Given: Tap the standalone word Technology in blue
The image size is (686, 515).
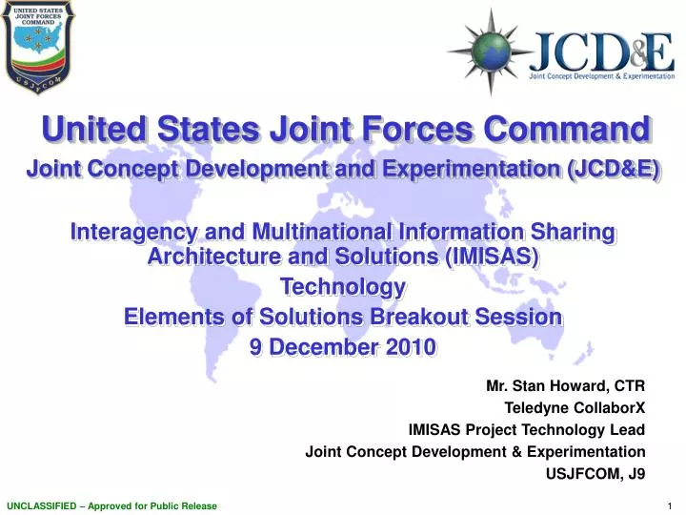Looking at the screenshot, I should (343, 287).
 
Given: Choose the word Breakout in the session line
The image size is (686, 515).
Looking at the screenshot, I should (421, 317).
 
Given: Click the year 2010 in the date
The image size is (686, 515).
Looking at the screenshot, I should (410, 347).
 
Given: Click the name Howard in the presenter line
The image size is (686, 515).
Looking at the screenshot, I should (579, 386).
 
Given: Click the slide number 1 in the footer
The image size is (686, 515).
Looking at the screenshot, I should (672, 505).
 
